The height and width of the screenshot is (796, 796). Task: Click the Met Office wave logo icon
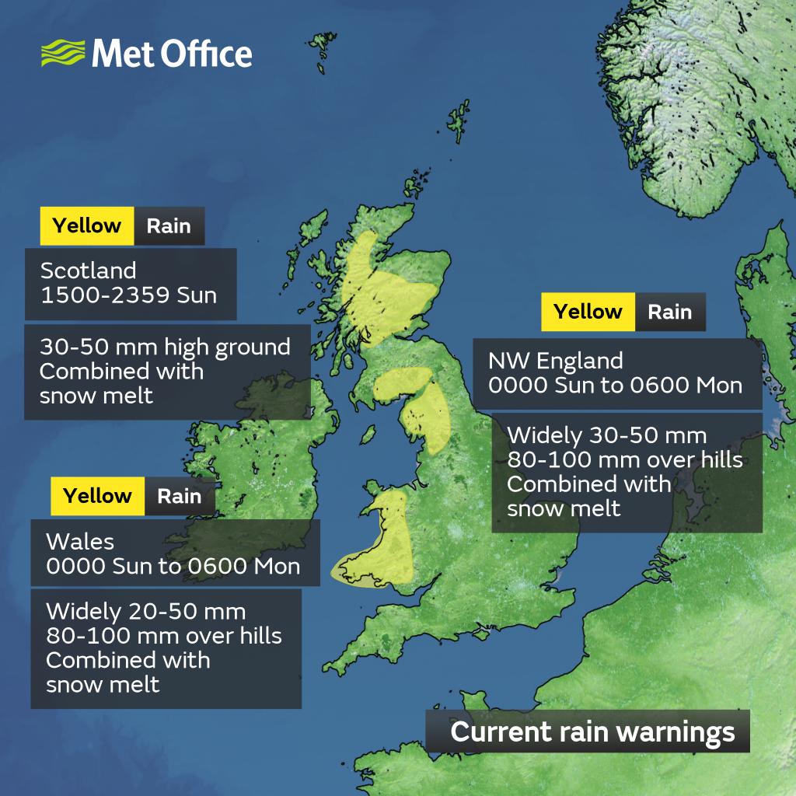point(63,54)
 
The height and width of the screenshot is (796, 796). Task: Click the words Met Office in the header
point(172,54)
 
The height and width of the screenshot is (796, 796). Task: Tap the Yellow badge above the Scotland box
point(87,226)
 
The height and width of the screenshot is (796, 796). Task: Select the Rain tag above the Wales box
point(179,496)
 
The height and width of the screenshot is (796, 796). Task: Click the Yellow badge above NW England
point(588,312)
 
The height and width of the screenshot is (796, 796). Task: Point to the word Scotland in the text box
point(88,271)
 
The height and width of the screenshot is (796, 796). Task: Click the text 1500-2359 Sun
point(128,295)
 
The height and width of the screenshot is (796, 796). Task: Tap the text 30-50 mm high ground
point(165,347)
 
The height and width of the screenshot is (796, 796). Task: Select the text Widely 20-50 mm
point(145,610)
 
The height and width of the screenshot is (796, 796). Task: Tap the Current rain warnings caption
point(592,732)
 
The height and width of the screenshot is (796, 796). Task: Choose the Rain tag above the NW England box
point(669,312)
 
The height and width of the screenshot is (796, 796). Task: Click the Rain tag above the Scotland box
point(169,226)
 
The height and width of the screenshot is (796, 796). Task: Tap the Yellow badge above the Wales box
point(98,496)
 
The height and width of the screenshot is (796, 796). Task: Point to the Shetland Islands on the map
point(459,117)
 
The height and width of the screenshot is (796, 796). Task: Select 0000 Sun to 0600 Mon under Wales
point(173,566)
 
